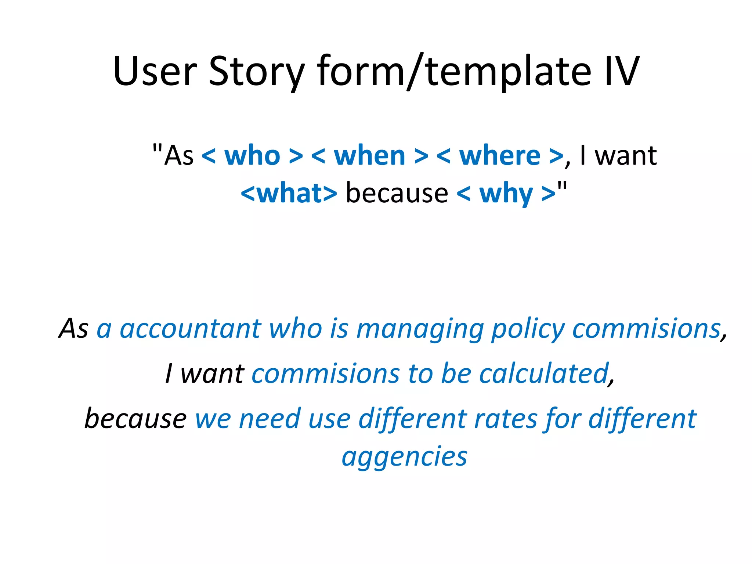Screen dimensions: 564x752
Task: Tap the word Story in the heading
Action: click(x=256, y=72)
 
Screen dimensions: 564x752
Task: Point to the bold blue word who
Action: click(x=252, y=156)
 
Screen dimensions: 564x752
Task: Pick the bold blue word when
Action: click(x=369, y=156)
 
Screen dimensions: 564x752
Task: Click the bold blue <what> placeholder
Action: click(x=289, y=193)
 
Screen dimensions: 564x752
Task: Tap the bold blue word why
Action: click(x=506, y=194)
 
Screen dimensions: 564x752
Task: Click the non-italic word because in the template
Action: click(x=397, y=193)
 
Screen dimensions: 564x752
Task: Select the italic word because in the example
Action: click(x=135, y=419)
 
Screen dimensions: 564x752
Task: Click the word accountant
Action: click(x=190, y=328)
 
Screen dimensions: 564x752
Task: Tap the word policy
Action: click(x=528, y=329)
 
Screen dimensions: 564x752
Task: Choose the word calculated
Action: click(x=544, y=373)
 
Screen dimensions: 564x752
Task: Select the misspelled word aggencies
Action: click(x=404, y=458)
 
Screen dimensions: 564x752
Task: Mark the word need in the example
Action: click(x=270, y=419)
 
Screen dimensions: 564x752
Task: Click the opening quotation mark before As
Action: click(x=157, y=149)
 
